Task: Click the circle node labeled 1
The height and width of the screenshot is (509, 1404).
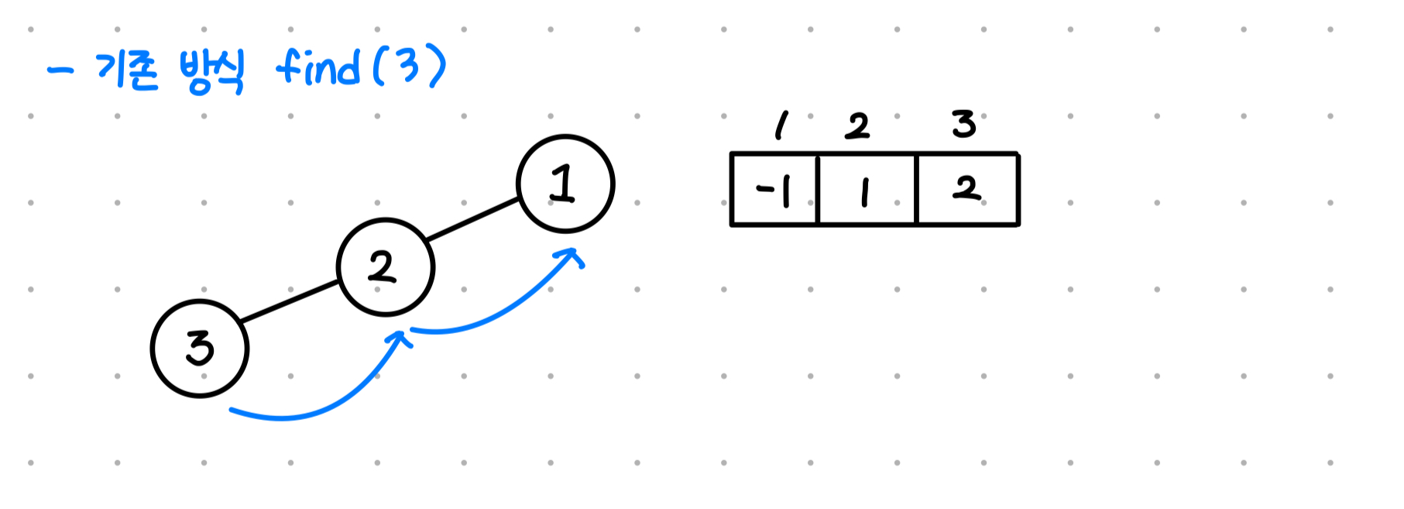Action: pyautogui.click(x=565, y=184)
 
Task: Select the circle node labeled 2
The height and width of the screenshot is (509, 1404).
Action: pyautogui.click(x=386, y=267)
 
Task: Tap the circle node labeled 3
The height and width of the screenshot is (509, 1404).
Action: pyautogui.click(x=200, y=349)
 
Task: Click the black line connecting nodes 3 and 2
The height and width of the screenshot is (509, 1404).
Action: pyautogui.click(x=290, y=301)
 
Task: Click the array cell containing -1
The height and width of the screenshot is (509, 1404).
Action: pyautogui.click(x=774, y=190)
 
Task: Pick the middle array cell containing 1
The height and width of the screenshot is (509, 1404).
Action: pyautogui.click(x=867, y=190)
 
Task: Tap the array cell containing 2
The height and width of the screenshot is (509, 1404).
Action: pyautogui.click(x=967, y=190)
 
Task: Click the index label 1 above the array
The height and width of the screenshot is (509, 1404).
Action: pyautogui.click(x=781, y=125)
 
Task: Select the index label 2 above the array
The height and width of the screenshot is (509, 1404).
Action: pyautogui.click(x=857, y=126)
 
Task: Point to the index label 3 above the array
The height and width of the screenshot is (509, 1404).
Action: pyautogui.click(x=964, y=124)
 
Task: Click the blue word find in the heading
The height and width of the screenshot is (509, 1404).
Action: pyautogui.click(x=318, y=67)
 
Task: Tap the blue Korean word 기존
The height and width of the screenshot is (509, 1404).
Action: pyautogui.click(x=126, y=71)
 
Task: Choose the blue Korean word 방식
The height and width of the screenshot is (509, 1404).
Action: pyautogui.click(x=211, y=72)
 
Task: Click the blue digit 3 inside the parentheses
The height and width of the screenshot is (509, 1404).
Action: pyautogui.click(x=408, y=66)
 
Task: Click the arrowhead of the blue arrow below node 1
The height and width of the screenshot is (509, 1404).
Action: pyautogui.click(x=574, y=256)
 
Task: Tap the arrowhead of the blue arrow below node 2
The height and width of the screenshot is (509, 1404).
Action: pyautogui.click(x=400, y=339)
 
